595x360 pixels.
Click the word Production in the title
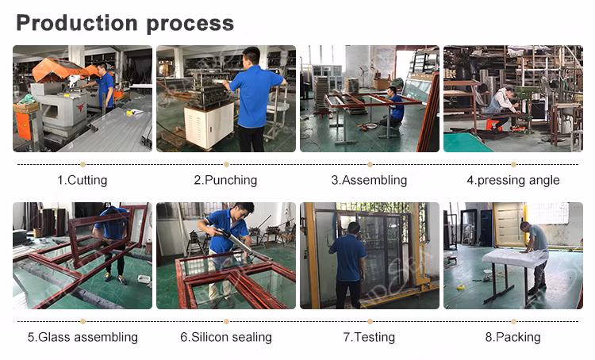[x=77, y=23]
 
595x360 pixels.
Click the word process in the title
[x=190, y=25]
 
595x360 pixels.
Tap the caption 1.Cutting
[x=83, y=180]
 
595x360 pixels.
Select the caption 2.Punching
[x=225, y=180]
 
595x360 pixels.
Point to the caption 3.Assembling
[x=369, y=180]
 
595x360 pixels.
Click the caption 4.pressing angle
[x=513, y=180]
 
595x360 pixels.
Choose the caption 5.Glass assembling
[x=83, y=337]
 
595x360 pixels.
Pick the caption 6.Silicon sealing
[x=226, y=337]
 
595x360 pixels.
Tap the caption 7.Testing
[x=369, y=337]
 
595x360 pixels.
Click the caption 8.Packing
[x=512, y=337]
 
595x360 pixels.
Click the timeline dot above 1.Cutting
[x=83, y=164]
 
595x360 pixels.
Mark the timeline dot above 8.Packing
[x=513, y=321]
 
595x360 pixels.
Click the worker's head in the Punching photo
[x=251, y=56]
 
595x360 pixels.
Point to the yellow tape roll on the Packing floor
[x=461, y=287]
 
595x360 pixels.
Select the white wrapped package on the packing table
[x=516, y=258]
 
